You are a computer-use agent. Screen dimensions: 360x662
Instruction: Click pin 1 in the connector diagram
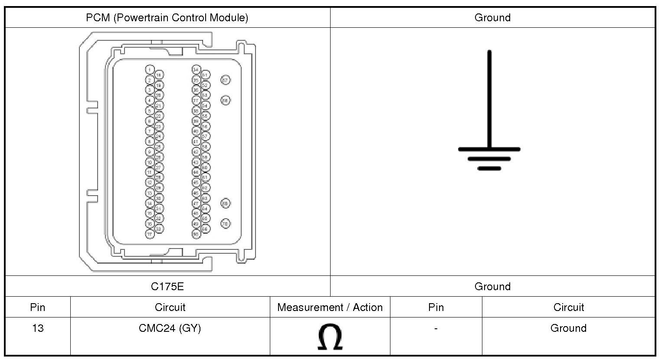point(150,69)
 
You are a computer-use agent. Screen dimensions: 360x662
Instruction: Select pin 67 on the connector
point(225,80)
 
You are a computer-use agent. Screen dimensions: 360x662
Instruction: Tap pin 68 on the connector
point(225,100)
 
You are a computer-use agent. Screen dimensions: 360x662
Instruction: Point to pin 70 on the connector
point(225,223)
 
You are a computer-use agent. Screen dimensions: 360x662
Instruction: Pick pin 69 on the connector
point(225,203)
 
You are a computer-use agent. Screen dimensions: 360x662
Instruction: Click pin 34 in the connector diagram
point(196,69)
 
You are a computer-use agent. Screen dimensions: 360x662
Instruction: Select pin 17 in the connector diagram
point(150,234)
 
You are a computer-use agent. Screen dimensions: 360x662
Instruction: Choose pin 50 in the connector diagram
point(196,234)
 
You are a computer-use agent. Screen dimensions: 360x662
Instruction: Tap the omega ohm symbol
point(330,337)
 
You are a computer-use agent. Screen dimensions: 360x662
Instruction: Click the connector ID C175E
point(167,286)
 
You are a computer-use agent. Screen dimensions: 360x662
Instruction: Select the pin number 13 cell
point(38,328)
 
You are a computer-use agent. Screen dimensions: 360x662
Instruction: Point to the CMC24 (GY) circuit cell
point(170,328)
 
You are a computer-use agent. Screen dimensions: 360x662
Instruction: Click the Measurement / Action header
point(330,308)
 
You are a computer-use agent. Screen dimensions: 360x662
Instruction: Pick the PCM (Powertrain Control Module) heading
point(167,18)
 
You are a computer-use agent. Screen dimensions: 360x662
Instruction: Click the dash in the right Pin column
point(436,328)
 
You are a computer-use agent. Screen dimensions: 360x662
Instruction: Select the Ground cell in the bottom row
point(568,328)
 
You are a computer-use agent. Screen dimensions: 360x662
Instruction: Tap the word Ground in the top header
point(492,18)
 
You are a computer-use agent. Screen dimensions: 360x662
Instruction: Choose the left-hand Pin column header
point(38,308)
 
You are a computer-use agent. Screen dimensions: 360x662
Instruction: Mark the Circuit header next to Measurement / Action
point(170,308)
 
